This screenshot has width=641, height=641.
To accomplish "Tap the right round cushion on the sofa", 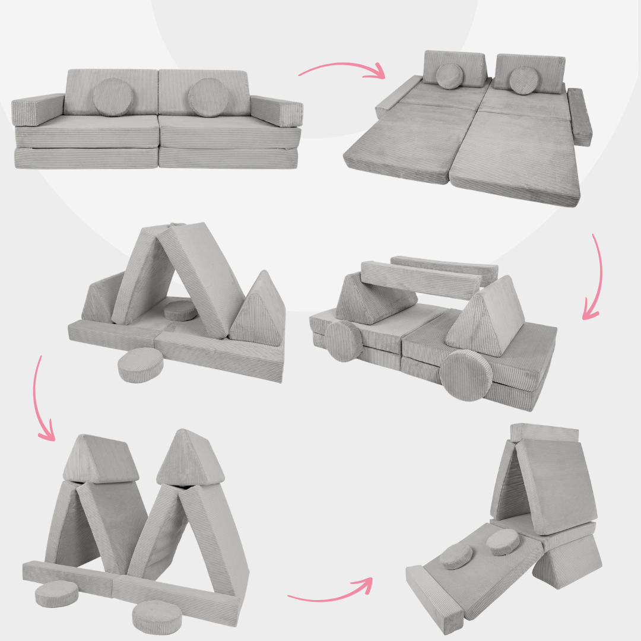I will click(x=208, y=97).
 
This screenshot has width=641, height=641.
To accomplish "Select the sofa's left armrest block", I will click(x=37, y=109).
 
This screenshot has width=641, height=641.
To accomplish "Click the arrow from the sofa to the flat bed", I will click(x=341, y=70).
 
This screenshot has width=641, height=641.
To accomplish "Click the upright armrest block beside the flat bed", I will click(x=579, y=116).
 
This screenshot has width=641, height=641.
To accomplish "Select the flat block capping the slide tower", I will click(x=544, y=433).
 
